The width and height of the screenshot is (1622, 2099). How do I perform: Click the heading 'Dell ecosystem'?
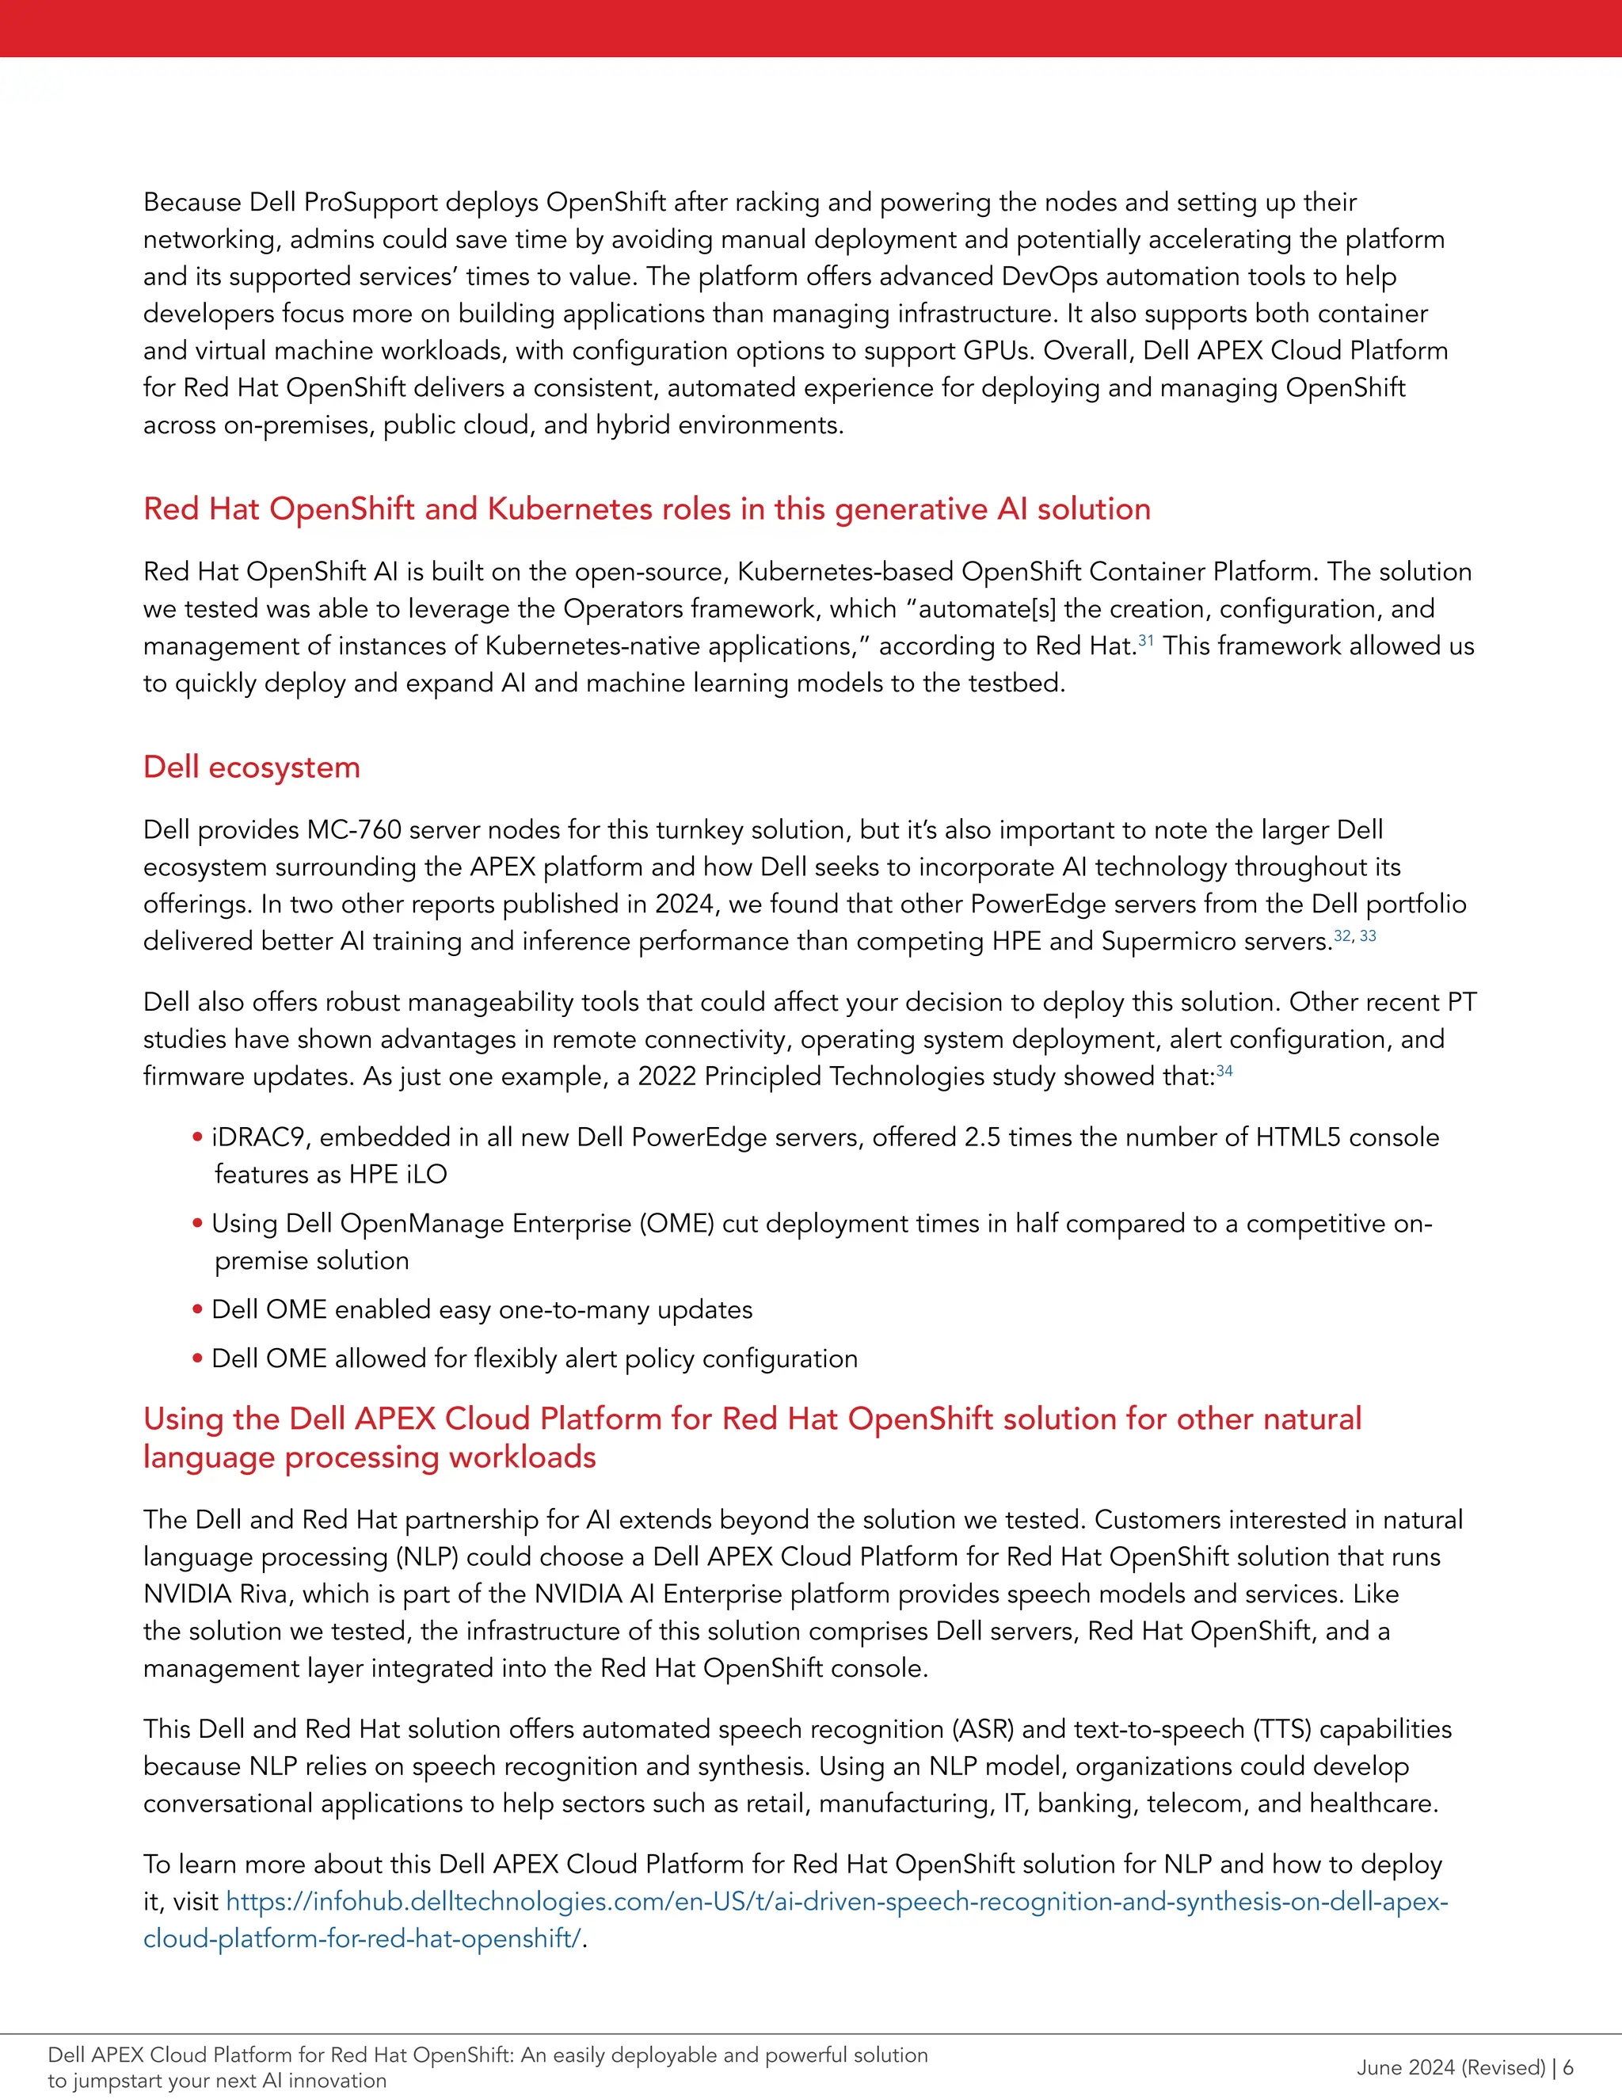click(252, 767)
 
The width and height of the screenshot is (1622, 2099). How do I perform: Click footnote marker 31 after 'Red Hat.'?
click(1145, 640)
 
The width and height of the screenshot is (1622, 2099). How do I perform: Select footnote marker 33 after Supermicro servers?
click(1369, 935)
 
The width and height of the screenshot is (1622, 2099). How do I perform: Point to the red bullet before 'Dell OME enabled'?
click(197, 1309)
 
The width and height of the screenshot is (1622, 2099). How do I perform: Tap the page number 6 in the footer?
click(1568, 2067)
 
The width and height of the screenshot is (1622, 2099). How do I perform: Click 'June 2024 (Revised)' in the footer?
click(1450, 2067)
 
